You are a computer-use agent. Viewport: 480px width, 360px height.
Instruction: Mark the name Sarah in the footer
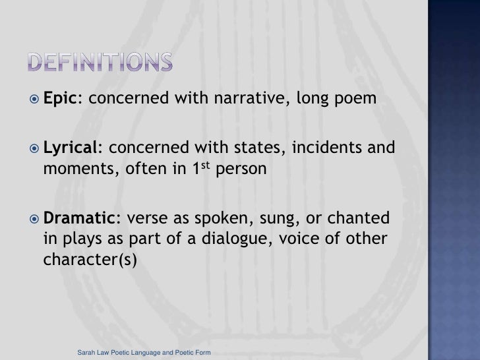pyautogui.click(x=86, y=354)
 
